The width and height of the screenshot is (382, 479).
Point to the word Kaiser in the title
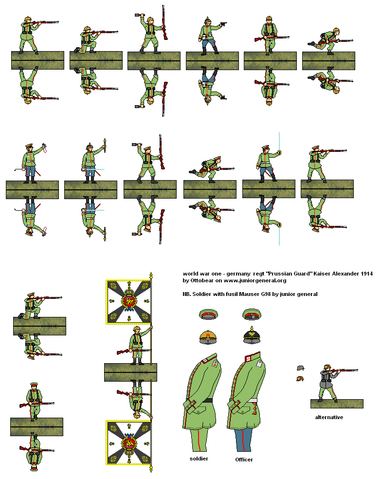[x=312, y=274]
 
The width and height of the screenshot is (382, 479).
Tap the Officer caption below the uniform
[x=244, y=459]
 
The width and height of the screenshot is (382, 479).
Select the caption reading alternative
[x=329, y=417]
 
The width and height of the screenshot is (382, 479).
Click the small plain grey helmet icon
[x=300, y=368]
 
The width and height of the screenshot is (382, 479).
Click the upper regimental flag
[x=128, y=302]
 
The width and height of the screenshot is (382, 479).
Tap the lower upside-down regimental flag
[x=128, y=443]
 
